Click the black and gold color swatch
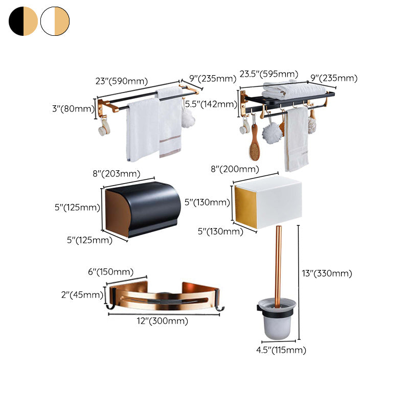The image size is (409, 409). coord(23,21)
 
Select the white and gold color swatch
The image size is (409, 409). coord(55,21)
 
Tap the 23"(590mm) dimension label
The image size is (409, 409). coord(122,81)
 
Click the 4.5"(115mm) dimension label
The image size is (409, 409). coord(281,350)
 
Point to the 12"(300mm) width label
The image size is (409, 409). coord(163,321)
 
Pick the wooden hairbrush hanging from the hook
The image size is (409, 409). coord(254,145)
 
